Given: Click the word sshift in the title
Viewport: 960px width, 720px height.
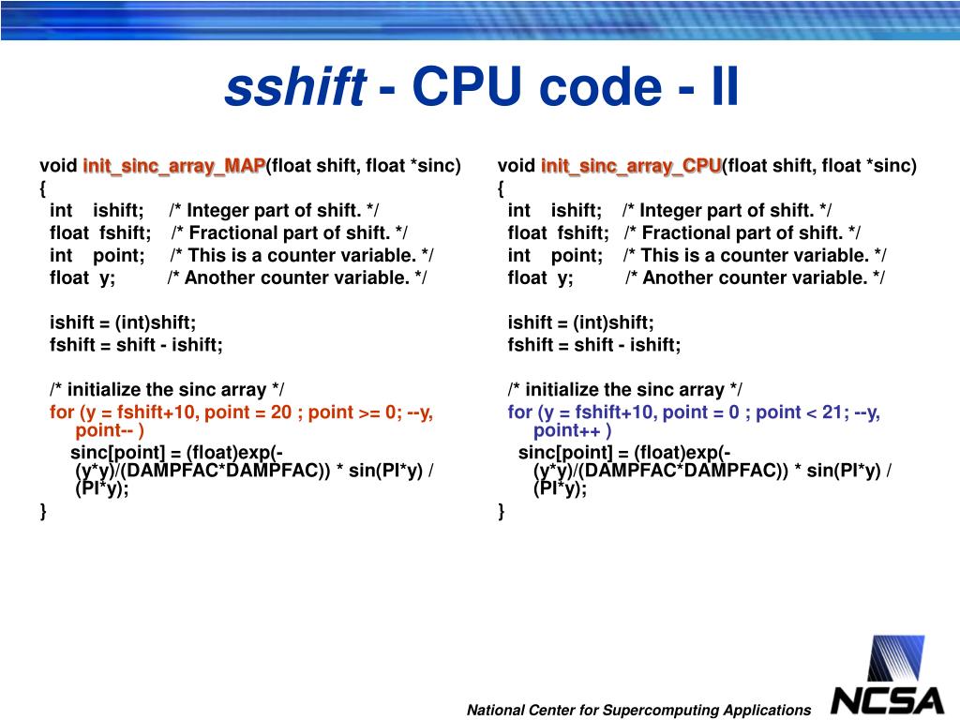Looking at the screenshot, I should point(294,88).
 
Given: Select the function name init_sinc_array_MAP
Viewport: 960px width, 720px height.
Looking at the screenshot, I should point(174,166).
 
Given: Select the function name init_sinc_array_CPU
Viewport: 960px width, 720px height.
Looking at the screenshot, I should point(631,166).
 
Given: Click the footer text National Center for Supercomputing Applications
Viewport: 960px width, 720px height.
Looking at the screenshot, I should point(638,710).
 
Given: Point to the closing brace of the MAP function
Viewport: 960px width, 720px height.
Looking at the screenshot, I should point(43,510).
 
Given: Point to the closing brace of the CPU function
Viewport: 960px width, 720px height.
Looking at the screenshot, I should point(502,510).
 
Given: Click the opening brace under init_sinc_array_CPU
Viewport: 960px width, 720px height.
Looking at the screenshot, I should point(502,188).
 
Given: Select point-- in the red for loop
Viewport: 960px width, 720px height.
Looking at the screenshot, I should point(109,430).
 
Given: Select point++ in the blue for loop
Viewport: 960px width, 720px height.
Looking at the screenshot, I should point(571,430).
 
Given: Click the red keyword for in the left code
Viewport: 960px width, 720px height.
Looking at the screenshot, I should point(62,412).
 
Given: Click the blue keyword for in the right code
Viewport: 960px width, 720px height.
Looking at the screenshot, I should point(520,412).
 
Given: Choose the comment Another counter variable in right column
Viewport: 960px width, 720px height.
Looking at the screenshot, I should point(755,277).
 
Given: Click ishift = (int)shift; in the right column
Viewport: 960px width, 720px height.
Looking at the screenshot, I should point(581,322).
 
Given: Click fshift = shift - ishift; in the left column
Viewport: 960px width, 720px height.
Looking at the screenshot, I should point(137,344).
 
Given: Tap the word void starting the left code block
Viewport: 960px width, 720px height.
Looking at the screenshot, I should point(58,166).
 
